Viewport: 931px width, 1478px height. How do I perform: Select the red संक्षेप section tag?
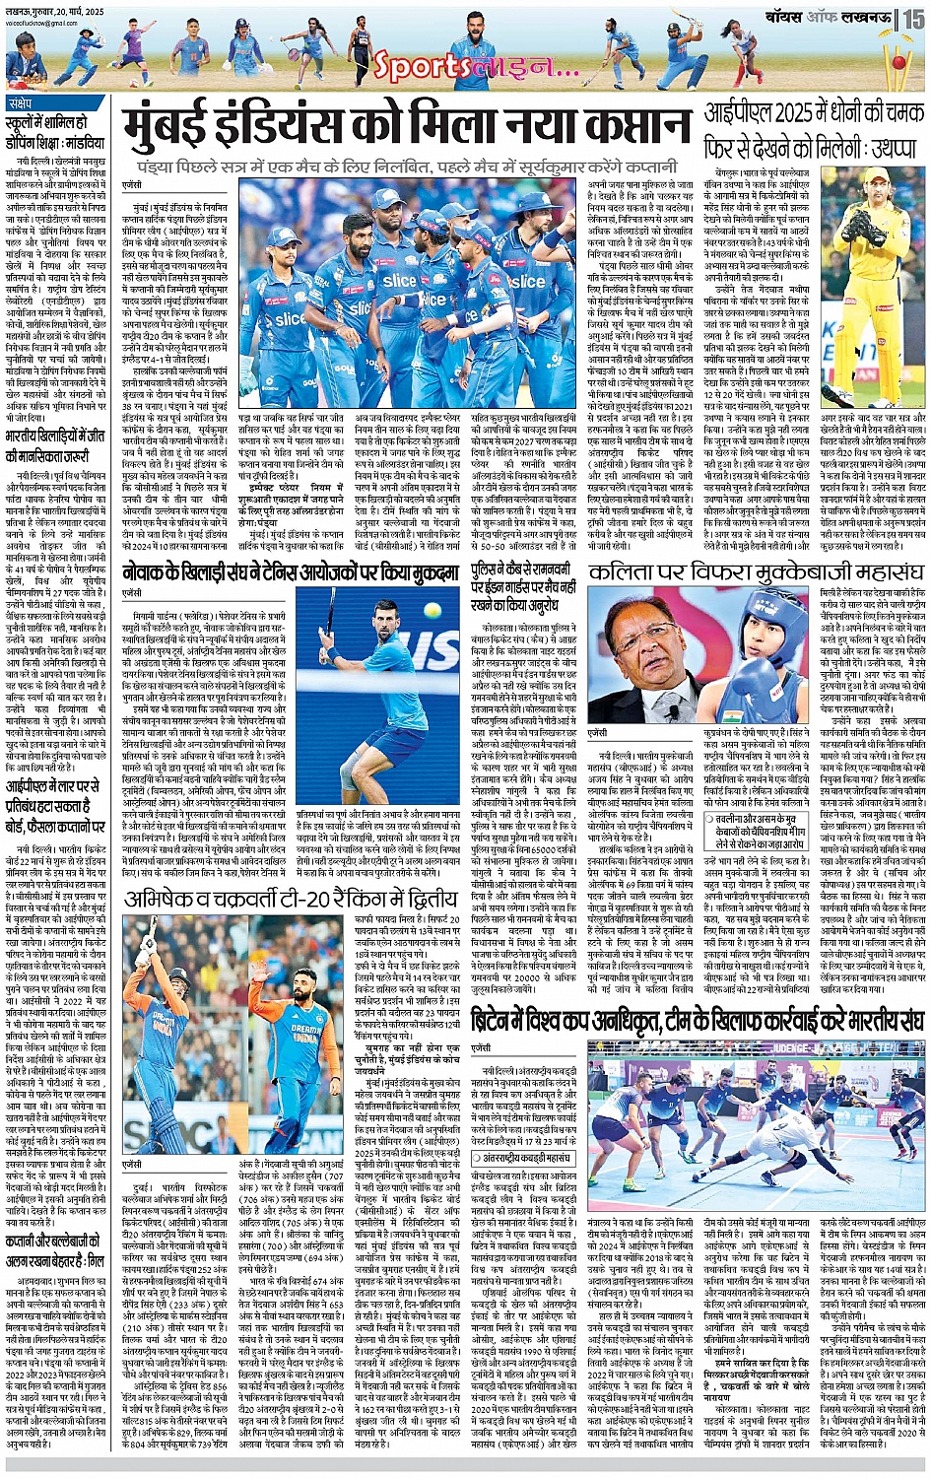coord(19,103)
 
